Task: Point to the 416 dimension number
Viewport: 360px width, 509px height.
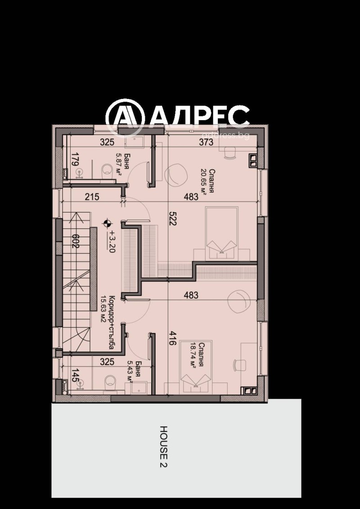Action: coord(171,337)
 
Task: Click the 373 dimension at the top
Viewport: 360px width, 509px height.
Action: coord(206,143)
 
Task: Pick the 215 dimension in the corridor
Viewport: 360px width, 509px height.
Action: coord(91,196)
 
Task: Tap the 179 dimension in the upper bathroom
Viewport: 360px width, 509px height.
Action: coord(75,161)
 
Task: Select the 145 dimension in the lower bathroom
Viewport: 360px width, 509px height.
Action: coord(75,375)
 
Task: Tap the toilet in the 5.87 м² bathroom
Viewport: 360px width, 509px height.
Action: coord(107,169)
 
